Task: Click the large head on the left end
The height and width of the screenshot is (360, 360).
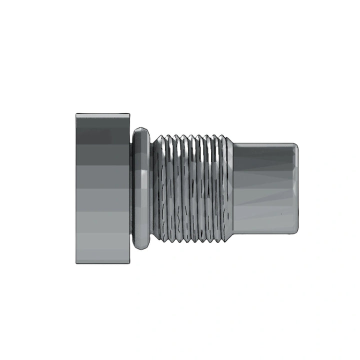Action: (102, 188)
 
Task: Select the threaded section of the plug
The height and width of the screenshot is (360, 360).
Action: (192, 188)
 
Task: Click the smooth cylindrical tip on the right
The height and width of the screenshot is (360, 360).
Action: (265, 188)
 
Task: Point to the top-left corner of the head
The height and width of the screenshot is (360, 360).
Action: (76, 114)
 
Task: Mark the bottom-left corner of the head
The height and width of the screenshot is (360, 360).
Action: (76, 263)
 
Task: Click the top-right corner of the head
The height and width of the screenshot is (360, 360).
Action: (129, 114)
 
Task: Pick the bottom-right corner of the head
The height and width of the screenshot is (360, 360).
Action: (129, 263)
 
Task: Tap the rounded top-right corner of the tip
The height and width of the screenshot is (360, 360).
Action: (295, 145)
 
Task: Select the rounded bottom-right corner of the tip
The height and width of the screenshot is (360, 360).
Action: (295, 231)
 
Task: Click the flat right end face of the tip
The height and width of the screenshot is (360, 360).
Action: (297, 188)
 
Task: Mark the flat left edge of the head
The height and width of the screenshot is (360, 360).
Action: (76, 188)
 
